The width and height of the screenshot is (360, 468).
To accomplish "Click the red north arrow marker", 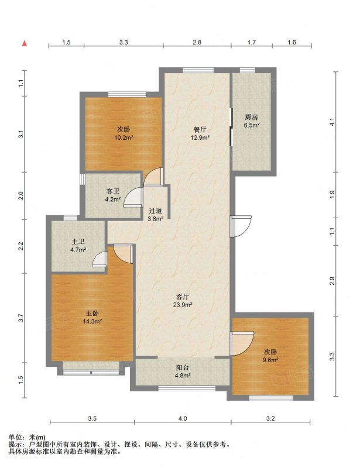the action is tap(25, 43).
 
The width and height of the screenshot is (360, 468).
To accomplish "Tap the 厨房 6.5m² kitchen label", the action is tap(251, 121).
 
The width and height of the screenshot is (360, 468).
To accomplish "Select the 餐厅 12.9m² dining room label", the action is tap(200, 133).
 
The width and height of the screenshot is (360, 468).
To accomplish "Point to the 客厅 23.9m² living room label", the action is tap(182, 301).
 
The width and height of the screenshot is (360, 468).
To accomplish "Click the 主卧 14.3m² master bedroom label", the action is tap(92, 317).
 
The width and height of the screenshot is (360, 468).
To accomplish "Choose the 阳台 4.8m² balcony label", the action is tap(183, 371).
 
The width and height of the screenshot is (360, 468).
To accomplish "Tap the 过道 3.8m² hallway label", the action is tap(155, 214).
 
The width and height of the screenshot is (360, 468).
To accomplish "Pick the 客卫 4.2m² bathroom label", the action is tap(113, 195).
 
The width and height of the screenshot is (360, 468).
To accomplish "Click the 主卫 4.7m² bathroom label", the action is tap(78, 246).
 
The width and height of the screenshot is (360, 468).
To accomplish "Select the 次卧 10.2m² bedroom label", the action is tap(124, 133).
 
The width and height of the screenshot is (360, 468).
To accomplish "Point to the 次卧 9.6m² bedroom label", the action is tap(270, 356).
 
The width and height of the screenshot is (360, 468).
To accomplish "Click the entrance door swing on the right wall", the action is tap(241, 226).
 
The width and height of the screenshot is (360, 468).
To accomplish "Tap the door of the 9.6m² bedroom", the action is tap(242, 343).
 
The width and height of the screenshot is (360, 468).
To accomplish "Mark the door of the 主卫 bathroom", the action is tap(100, 259).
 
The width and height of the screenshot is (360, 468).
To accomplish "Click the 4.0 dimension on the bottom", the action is tap(183, 418).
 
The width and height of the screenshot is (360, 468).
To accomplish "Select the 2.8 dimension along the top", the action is tap(197, 42).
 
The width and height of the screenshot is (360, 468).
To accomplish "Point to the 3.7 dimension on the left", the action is tap(20, 318).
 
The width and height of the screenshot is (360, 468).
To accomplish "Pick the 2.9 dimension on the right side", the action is tap(332, 281).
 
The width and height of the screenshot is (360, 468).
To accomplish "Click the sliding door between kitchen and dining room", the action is tap(231, 127).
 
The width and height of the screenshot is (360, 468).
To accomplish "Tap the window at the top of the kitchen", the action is tap(248, 70).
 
